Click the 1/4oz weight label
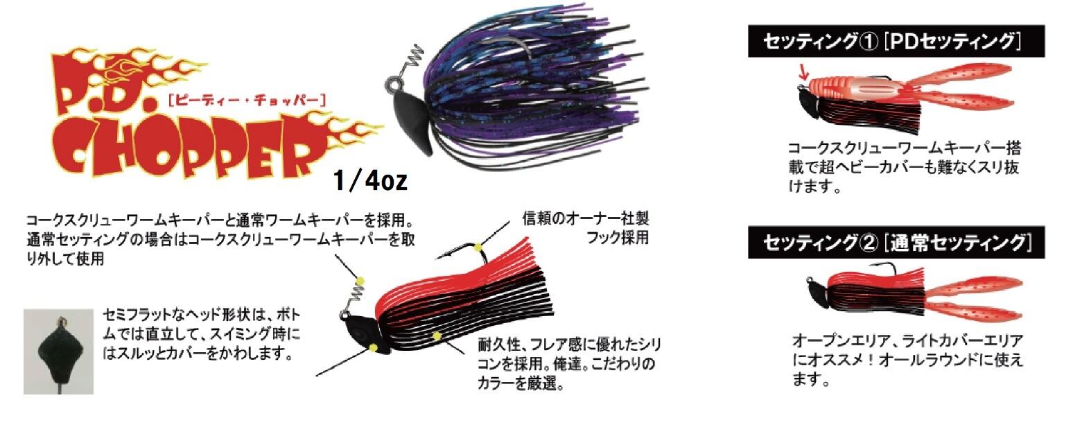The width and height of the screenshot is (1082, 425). (369, 182)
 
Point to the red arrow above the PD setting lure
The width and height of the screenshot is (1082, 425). (803, 71)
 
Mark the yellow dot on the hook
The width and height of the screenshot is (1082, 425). (478, 247)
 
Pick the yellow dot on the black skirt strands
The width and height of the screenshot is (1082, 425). (437, 336)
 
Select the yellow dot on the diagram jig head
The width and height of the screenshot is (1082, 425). (374, 346)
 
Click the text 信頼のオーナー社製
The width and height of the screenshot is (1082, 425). (586, 219)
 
